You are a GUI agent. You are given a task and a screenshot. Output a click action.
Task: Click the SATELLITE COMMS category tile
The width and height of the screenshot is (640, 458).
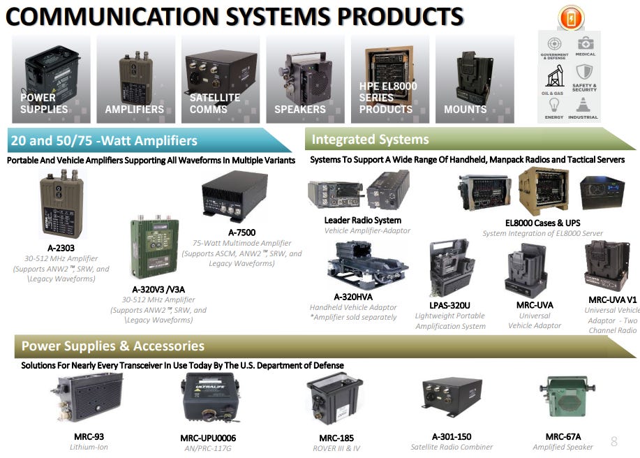coord(221,80)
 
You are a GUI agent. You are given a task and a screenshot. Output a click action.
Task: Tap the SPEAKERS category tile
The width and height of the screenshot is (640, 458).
coord(305,80)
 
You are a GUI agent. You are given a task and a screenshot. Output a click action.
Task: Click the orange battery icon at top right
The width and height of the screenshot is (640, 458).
coord(571,17)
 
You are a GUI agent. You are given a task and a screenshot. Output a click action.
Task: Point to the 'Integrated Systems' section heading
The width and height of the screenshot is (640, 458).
coord(370,140)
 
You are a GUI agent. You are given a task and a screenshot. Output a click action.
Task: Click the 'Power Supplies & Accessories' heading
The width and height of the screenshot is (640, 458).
coord(112,346)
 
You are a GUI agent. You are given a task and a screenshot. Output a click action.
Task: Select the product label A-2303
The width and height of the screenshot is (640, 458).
coord(61,248)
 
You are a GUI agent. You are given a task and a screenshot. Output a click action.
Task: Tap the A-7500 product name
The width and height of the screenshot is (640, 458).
coord(241,232)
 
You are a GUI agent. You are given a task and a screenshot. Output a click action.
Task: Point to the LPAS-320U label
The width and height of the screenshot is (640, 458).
coord(449,305)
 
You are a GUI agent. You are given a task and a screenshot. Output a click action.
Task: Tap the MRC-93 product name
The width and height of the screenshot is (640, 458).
coord(89,437)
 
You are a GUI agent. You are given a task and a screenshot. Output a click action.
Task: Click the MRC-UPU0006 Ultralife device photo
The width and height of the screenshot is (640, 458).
coord(209,399)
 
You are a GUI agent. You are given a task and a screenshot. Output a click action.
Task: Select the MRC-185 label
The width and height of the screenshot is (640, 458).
coord(336,438)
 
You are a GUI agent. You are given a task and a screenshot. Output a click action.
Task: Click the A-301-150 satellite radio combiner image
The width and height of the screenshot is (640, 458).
coord(452,397)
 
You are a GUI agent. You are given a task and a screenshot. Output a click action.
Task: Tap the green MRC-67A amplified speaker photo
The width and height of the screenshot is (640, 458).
coord(563,397)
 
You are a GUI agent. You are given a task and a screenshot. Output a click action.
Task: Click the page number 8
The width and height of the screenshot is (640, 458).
coord(614,441)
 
